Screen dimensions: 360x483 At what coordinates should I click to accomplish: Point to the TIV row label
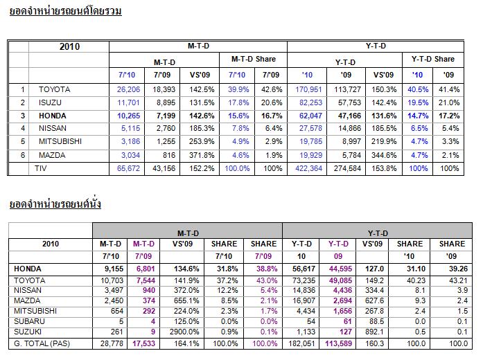click(41, 168)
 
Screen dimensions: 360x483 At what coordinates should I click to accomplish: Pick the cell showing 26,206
click(129, 89)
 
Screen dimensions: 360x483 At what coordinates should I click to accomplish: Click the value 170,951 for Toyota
click(308, 89)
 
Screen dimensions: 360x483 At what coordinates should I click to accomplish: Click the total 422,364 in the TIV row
click(308, 168)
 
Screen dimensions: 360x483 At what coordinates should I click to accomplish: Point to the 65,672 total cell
click(129, 168)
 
